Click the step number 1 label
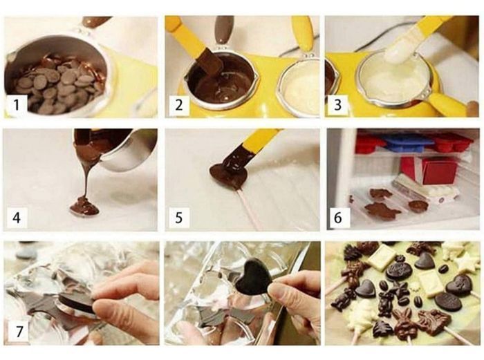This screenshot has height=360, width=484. coord(17,105)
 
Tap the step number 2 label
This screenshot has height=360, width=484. coord(178,105)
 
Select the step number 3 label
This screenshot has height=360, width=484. coord(337,105)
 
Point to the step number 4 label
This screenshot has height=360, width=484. coord(17,218)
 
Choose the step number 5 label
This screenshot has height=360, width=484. coord(178,218)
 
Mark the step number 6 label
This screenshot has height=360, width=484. coord(339,218)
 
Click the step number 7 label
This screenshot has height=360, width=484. coord(19,332)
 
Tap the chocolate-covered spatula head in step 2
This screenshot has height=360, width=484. coord(212,64)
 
